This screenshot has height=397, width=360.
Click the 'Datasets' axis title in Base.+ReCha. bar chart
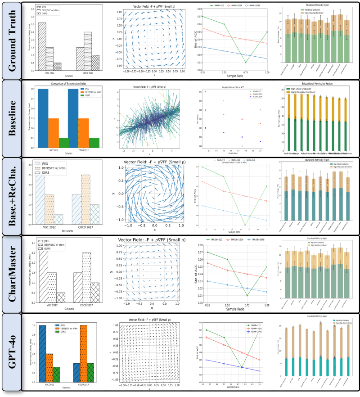coord(68,231)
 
